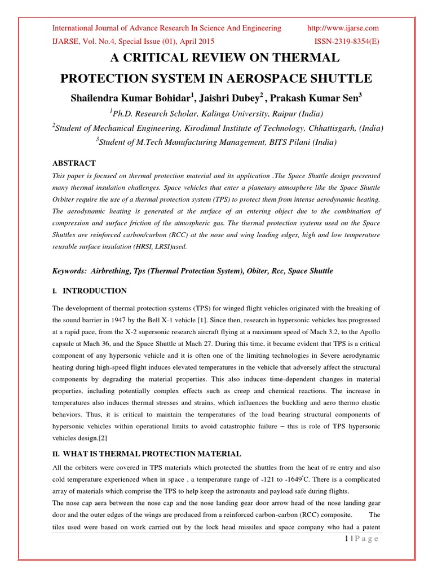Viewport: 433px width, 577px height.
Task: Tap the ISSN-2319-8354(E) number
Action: coord(346,42)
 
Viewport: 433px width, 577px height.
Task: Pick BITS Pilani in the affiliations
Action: coord(276,143)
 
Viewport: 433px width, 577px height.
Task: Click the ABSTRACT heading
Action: coord(74,163)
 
